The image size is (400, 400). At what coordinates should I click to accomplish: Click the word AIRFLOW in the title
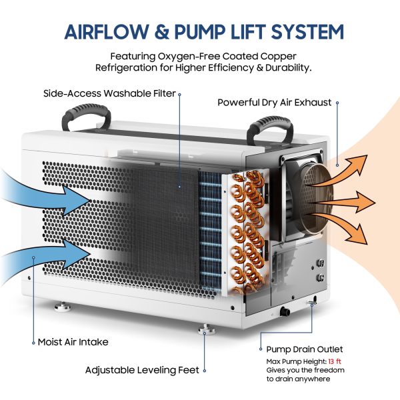(x=107, y=32)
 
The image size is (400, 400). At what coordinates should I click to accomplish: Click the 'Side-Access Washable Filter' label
(x=109, y=93)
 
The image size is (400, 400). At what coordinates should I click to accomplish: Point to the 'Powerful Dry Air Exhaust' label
(x=274, y=103)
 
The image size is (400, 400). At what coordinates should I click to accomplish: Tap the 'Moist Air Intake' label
(x=73, y=342)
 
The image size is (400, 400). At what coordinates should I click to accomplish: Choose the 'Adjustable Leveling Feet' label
(x=142, y=370)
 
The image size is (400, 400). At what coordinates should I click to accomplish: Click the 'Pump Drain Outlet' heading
(x=305, y=349)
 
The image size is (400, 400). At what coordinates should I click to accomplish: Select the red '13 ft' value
(x=335, y=361)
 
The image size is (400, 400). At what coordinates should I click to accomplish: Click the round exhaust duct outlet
(x=315, y=199)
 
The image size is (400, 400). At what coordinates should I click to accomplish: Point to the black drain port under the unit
(x=285, y=311)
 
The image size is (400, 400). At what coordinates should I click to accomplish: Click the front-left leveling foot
(x=62, y=307)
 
